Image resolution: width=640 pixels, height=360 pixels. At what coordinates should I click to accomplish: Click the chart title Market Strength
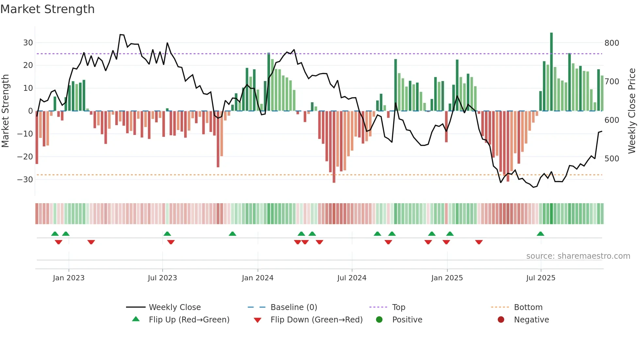47,9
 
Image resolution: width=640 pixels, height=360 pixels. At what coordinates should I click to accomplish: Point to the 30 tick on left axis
28,43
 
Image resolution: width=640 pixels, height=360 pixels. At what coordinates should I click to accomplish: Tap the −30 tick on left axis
25,179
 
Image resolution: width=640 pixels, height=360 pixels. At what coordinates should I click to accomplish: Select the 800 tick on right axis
612,43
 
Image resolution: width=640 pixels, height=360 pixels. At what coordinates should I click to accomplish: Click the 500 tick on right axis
612,159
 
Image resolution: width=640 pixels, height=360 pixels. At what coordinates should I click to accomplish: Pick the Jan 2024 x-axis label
258,278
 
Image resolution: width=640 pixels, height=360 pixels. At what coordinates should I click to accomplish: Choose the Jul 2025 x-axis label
540,278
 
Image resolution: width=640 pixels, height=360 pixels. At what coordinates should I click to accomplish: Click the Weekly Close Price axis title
632,111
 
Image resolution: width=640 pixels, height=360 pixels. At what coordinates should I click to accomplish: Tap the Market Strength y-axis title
5,111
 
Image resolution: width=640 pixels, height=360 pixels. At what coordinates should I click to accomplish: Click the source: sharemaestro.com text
578,256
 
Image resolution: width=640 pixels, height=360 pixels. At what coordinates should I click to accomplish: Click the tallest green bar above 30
552,72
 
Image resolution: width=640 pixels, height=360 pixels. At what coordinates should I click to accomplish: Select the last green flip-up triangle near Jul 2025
540,234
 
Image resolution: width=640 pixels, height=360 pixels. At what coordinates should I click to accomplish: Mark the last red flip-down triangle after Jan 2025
479,242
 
